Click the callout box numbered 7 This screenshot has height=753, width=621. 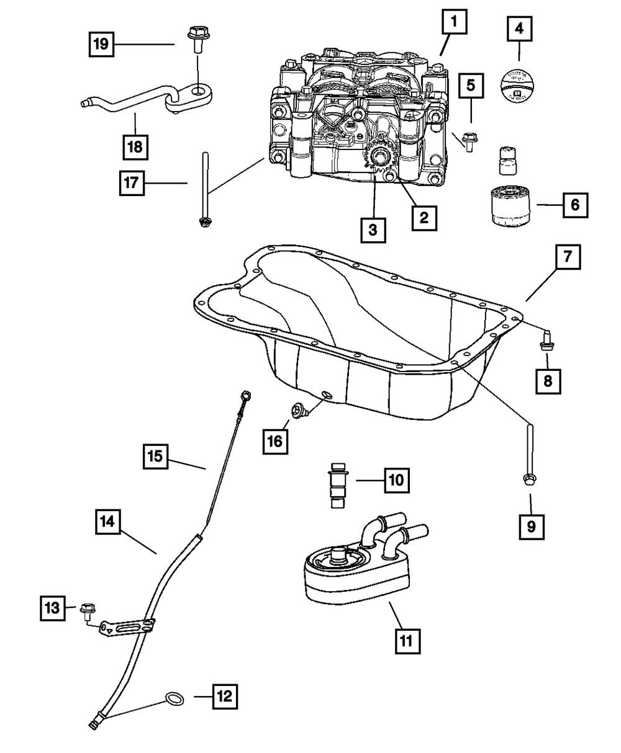568,256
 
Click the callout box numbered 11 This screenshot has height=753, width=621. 407,639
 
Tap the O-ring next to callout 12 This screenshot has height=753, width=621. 175,699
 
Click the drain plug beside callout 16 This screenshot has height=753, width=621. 299,410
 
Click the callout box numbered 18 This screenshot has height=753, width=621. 135,147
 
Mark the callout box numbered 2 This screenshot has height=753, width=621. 424,217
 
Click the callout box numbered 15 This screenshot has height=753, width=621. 155,457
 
